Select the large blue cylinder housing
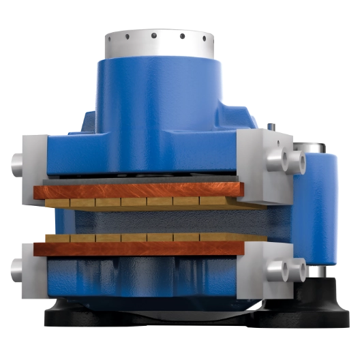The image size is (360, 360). click(157, 95)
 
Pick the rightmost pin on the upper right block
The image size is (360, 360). click(297, 162)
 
